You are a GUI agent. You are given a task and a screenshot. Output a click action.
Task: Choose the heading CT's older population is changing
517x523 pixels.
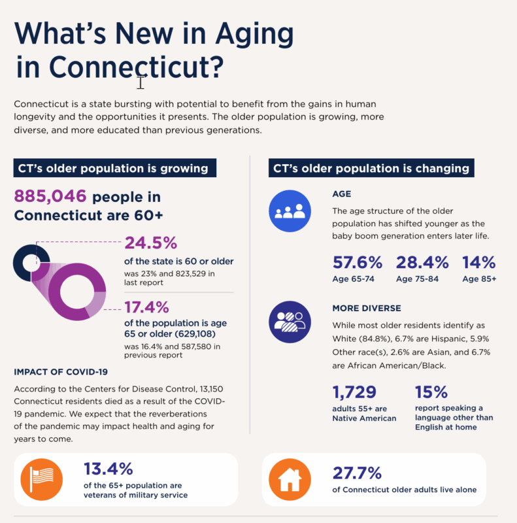[371, 169]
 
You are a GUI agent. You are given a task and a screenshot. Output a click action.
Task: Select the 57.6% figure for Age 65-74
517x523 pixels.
[357, 263]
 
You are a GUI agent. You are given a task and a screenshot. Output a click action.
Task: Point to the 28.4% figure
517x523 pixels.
[422, 263]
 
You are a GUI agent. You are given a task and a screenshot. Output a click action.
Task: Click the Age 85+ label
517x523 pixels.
[479, 279]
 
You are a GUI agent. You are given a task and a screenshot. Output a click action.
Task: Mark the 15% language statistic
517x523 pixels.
[431, 392]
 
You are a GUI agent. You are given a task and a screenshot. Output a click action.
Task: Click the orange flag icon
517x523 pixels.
[43, 479]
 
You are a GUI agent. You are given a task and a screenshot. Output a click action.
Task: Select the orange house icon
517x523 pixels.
[290, 479]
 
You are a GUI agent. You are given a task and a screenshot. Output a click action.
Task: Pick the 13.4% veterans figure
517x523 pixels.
[108, 469]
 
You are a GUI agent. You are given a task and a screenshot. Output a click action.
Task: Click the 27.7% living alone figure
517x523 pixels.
[358, 473]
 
